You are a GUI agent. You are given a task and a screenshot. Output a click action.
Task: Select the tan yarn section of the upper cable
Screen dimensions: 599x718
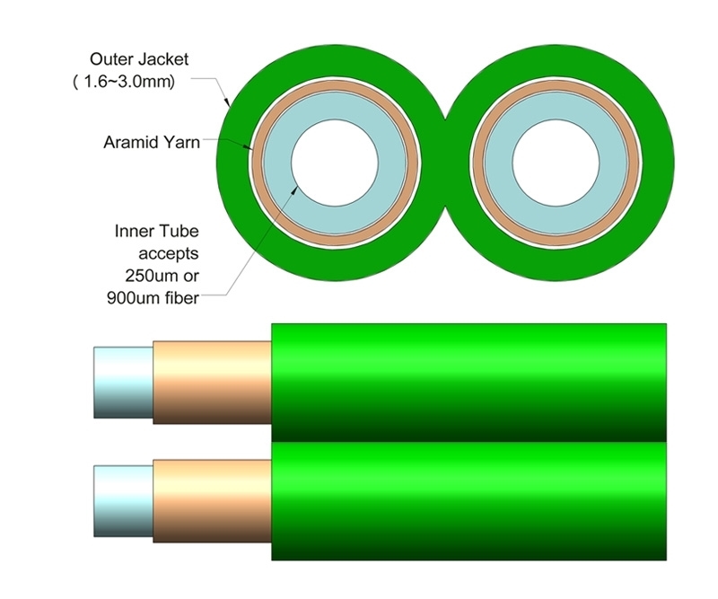(x=212, y=382)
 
